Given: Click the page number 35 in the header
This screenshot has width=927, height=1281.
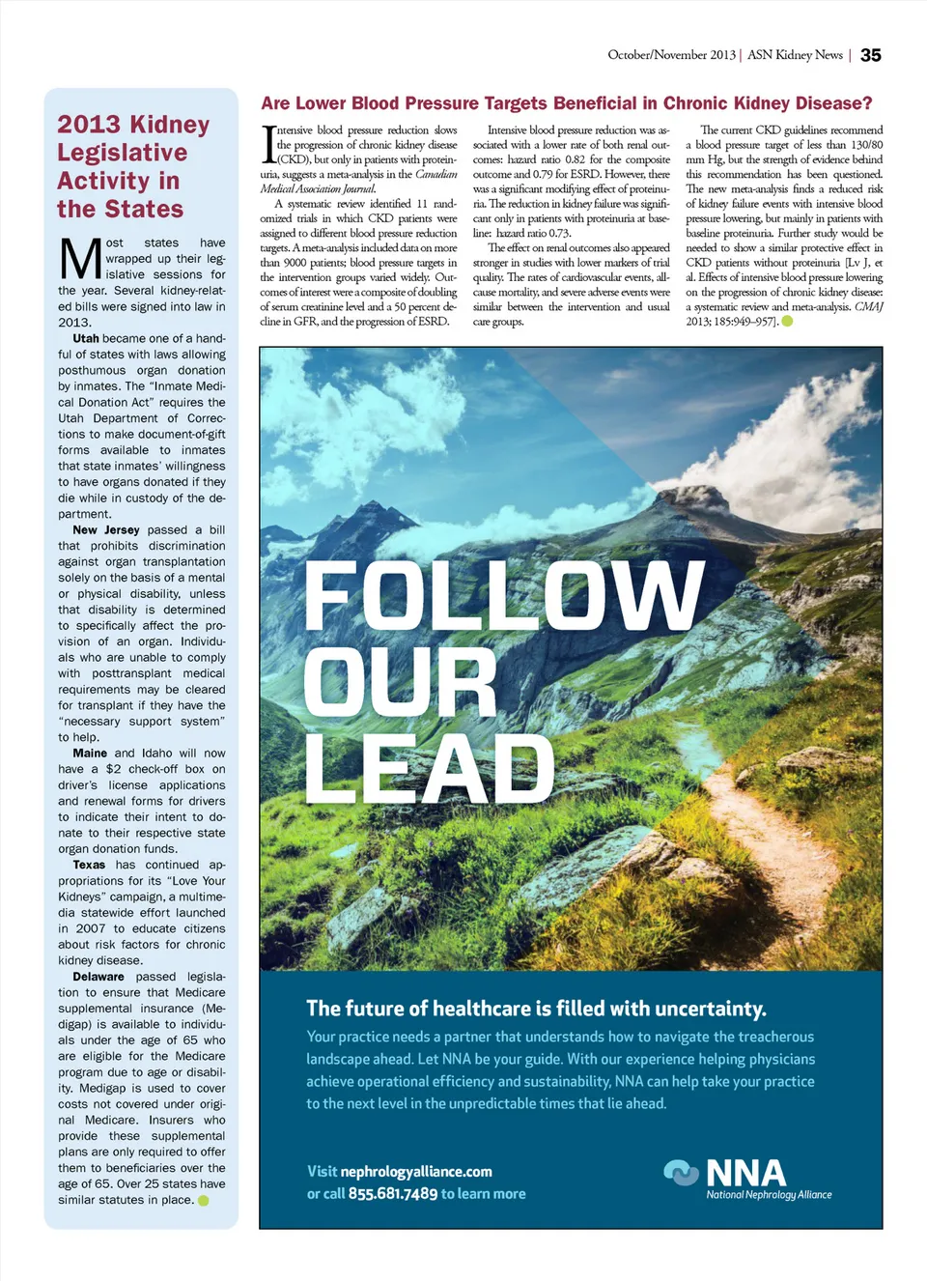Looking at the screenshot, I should (870, 55).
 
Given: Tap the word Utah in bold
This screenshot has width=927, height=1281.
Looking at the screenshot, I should (86, 339).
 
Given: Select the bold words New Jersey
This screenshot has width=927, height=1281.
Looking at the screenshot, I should (106, 530).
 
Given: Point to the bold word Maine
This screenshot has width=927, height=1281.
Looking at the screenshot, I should (90, 754).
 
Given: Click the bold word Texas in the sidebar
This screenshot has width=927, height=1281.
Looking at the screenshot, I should (89, 866).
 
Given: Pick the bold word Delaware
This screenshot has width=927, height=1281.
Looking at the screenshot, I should (98, 977).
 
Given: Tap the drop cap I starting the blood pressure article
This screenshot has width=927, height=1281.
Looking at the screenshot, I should (268, 144).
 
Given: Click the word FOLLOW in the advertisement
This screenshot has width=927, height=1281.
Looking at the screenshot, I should (504, 595).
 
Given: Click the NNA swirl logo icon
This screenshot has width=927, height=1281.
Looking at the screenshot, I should (681, 1173).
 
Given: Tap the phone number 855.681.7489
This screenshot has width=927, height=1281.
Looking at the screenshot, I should (392, 1194).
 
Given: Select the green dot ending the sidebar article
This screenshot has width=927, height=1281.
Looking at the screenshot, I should (204, 1201).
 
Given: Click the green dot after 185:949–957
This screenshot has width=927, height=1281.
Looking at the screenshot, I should (787, 322).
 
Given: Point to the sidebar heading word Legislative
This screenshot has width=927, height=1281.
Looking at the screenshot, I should (122, 153).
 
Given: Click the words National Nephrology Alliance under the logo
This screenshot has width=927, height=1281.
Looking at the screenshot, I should (769, 1195).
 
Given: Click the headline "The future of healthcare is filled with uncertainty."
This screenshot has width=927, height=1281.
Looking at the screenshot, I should (536, 1009).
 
